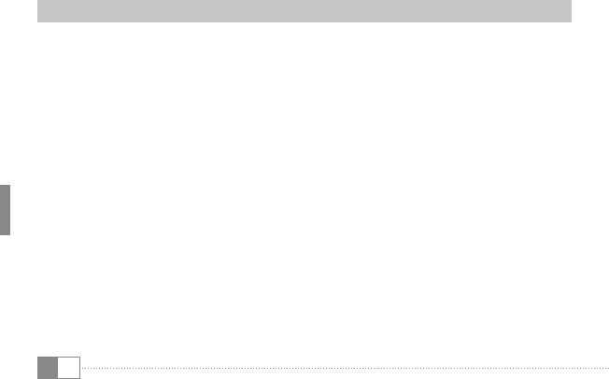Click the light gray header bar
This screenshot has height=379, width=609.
coord(304,11)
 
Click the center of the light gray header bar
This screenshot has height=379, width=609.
coord(304,11)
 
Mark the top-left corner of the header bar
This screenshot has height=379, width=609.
coord(37,1)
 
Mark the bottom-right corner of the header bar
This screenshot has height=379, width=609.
coord(571,21)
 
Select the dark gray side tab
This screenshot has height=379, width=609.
coord(6,210)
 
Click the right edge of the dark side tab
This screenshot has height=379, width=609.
coord(10,210)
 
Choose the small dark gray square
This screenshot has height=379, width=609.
coord(47,368)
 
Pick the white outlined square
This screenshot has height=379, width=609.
coord(68,368)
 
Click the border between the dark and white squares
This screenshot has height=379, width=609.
coord(57,368)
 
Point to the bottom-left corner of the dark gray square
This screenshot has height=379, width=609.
coord(37,378)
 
